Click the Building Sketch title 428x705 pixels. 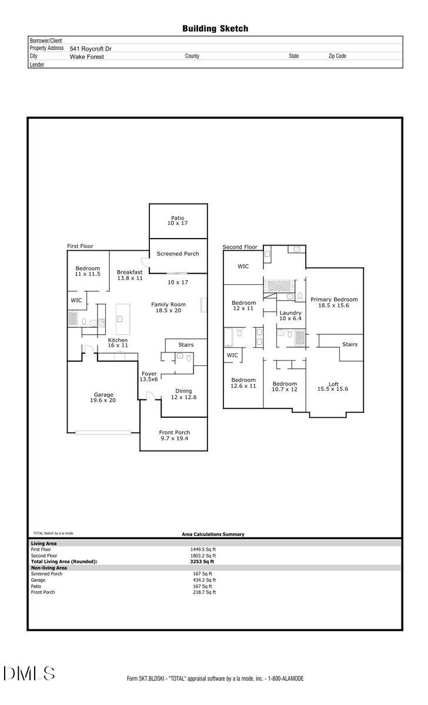point(215,28)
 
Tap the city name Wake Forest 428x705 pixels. point(87,56)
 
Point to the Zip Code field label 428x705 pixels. point(337,56)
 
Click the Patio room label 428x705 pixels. point(178,220)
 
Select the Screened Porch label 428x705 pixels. point(178,254)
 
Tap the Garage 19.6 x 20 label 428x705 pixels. point(103,398)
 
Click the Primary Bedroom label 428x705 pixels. point(334,303)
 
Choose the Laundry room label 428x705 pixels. point(290,315)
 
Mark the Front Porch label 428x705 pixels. point(175,435)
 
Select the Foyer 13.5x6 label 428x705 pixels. point(149,377)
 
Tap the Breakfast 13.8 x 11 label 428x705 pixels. point(129,275)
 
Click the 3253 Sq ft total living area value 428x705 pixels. point(198,562)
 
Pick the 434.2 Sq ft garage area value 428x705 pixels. point(204,580)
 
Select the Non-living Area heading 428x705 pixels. point(49,568)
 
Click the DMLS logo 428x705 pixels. point(29,673)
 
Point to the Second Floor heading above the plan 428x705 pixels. point(240,247)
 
